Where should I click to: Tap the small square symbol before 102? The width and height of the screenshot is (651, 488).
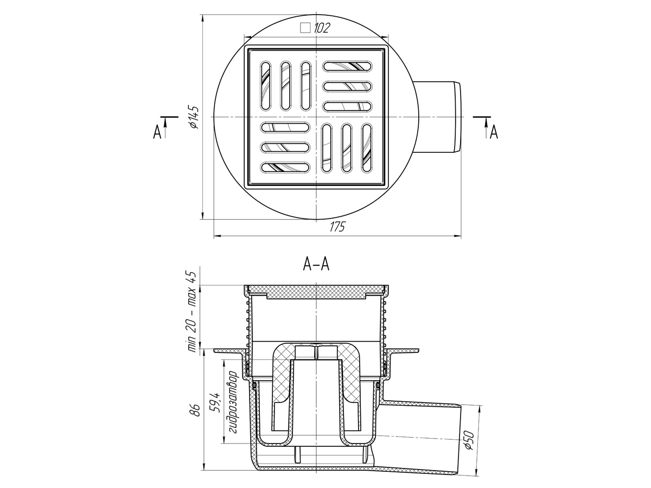(x=305, y=28)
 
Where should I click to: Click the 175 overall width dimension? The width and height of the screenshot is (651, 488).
(x=337, y=227)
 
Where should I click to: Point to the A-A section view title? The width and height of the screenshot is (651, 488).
(x=316, y=264)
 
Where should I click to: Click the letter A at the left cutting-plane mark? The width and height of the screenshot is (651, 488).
(x=157, y=132)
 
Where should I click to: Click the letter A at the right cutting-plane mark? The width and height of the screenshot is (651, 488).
(x=494, y=132)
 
